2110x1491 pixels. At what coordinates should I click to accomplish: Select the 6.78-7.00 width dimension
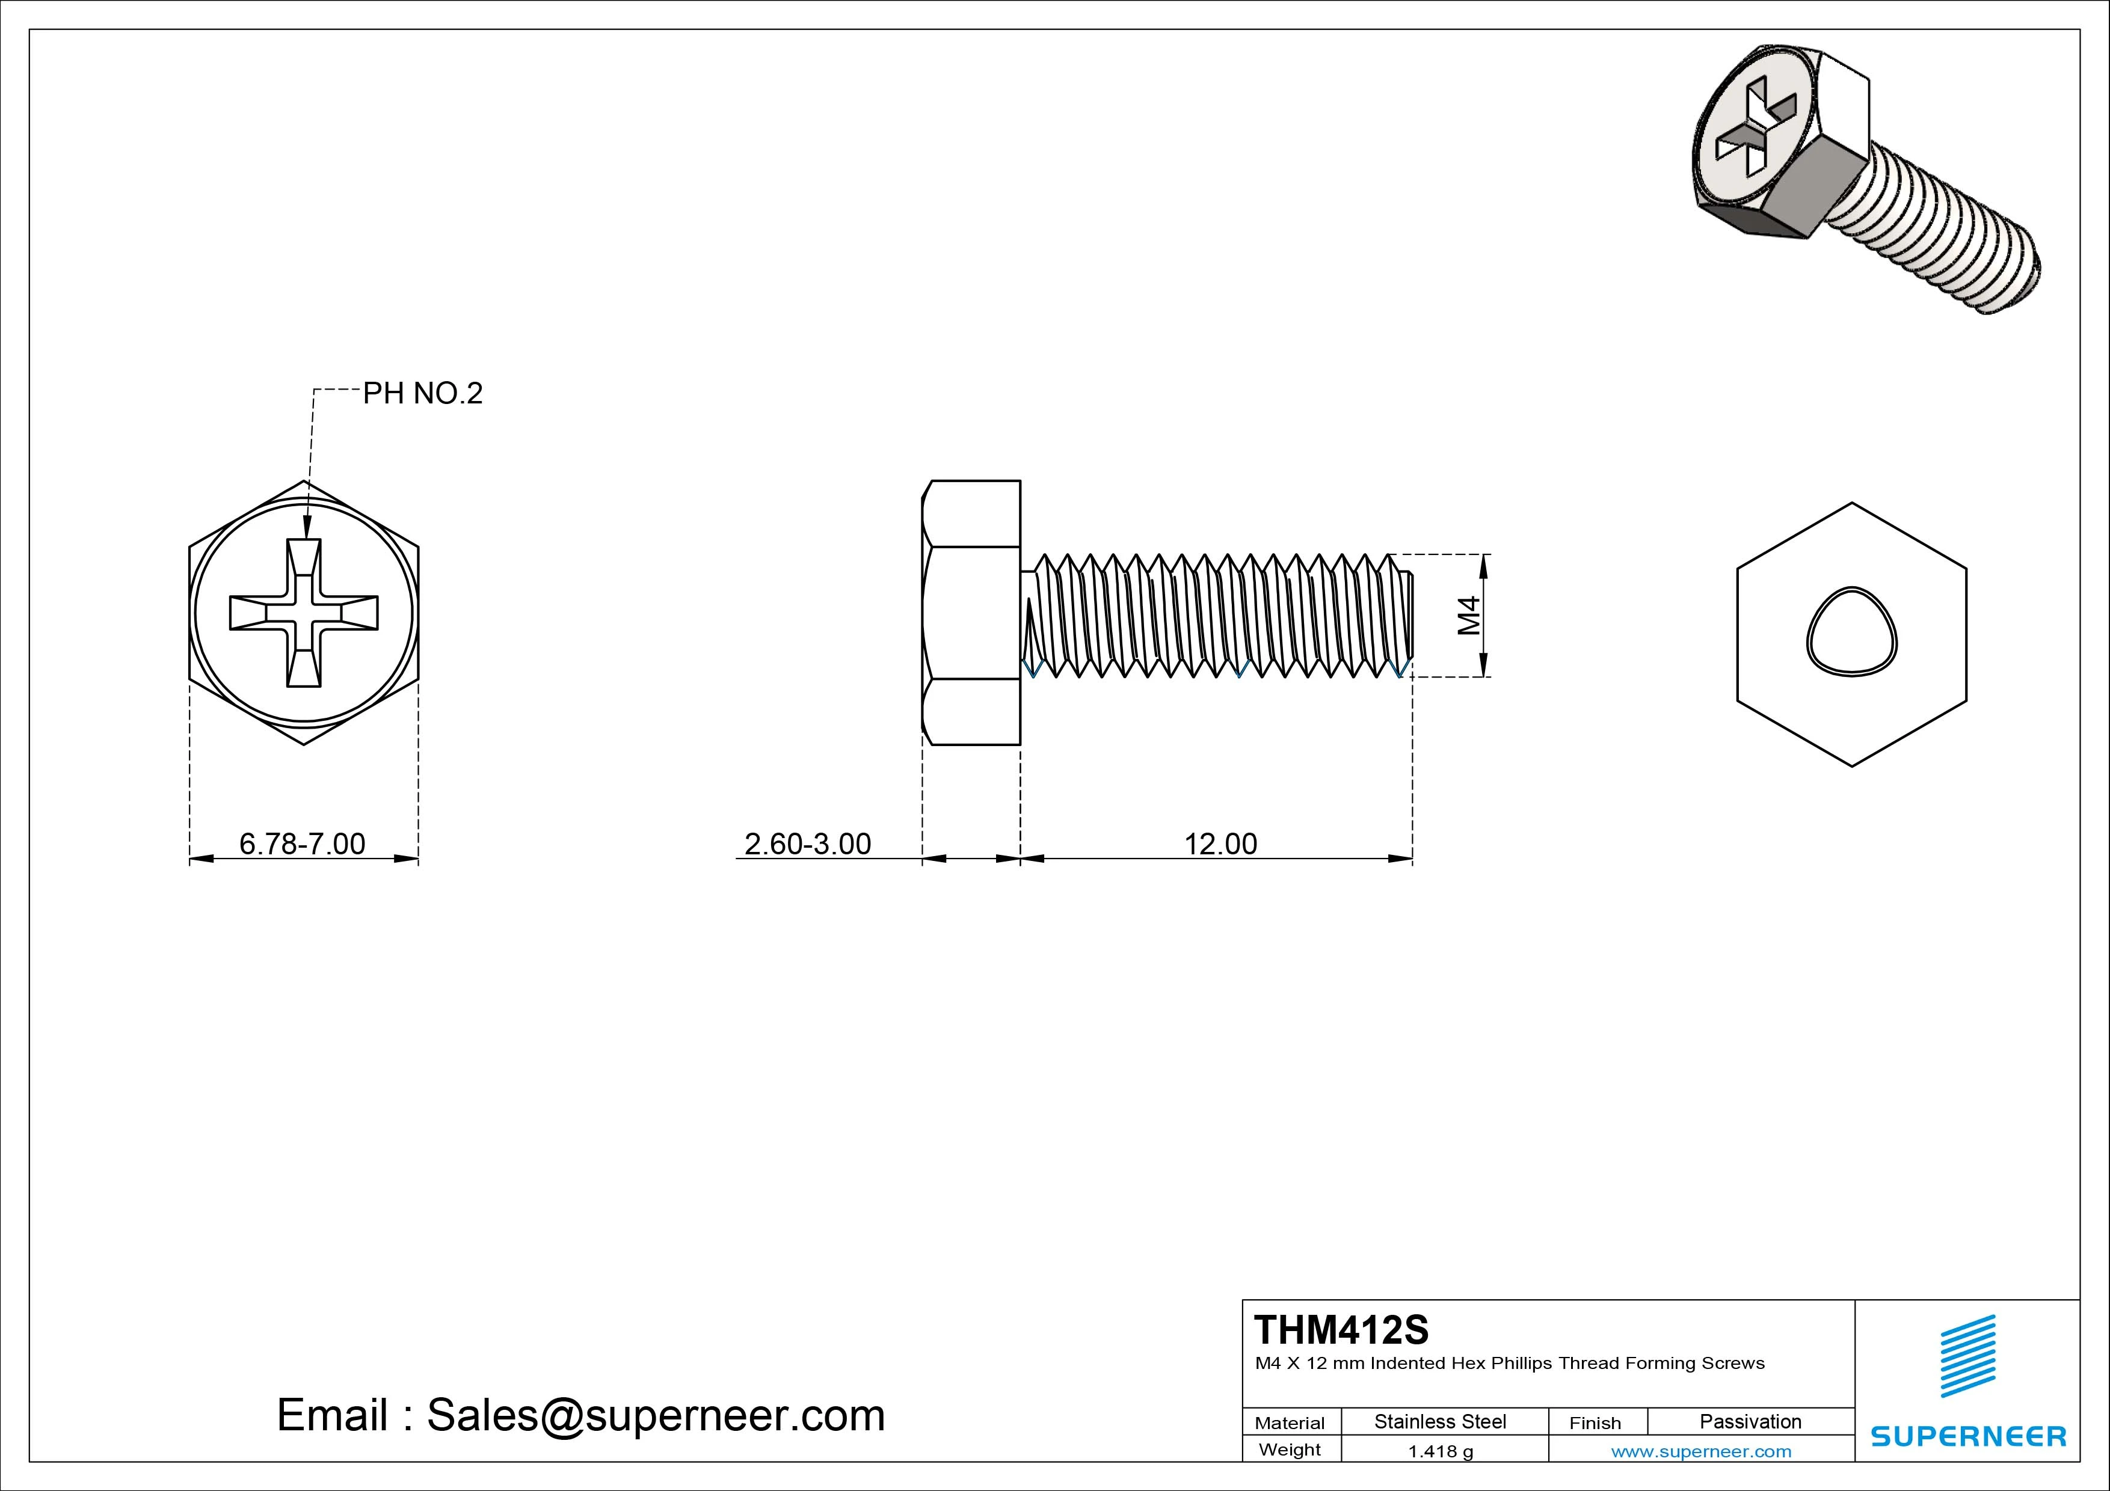[303, 843]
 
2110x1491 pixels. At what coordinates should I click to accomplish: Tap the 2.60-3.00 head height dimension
[807, 843]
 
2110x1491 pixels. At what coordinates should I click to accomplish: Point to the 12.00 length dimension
[1219, 843]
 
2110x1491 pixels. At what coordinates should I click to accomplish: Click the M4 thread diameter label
[1469, 616]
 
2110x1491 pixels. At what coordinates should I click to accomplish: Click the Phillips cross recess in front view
[303, 613]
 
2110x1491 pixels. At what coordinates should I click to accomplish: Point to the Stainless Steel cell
[1440, 1421]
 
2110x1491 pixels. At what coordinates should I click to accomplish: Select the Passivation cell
[1750, 1421]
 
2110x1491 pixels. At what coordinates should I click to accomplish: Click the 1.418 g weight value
[1440, 1451]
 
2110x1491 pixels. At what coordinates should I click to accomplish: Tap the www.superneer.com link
[1701, 1451]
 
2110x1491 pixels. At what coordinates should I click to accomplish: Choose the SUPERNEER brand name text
[1967, 1436]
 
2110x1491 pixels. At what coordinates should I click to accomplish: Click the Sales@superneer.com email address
[655, 1415]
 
